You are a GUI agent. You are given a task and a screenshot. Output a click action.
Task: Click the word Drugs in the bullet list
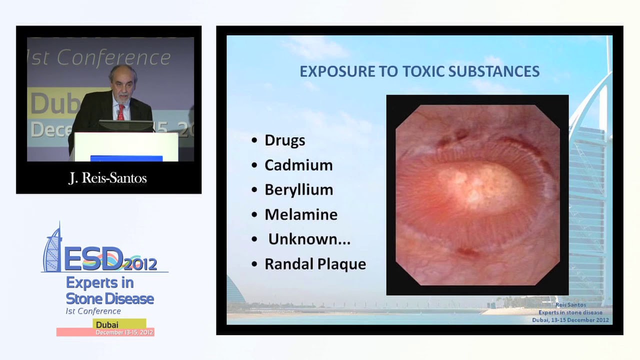(284, 140)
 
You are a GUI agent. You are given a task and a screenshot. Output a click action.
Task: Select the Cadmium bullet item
(298, 165)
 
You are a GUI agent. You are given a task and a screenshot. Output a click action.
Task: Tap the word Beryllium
(298, 190)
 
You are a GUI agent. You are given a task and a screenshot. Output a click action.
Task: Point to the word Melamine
(300, 214)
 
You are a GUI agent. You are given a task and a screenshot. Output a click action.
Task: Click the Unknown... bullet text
(309, 239)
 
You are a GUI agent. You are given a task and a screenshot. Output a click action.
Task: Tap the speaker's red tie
(120, 112)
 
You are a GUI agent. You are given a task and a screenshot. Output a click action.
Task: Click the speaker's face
(122, 84)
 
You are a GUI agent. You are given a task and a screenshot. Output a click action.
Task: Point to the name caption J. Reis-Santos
(107, 178)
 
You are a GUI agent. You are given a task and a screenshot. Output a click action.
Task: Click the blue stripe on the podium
(126, 158)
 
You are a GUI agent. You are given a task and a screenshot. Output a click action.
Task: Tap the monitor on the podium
(125, 125)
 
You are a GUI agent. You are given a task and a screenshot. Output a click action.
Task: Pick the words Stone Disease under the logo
(109, 299)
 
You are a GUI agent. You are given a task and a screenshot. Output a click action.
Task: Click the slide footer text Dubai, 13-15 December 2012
(570, 320)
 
